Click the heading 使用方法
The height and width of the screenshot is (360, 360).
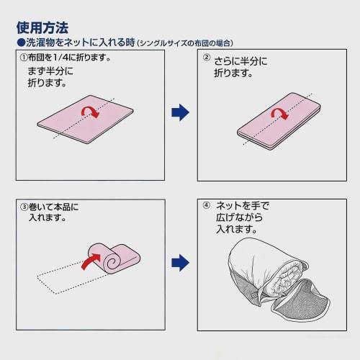click(x=42, y=27)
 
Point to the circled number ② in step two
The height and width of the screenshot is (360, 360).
click(x=206, y=58)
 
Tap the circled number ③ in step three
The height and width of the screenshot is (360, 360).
click(x=24, y=207)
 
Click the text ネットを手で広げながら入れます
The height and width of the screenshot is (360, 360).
click(x=239, y=217)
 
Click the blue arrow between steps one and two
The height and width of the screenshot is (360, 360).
click(x=179, y=112)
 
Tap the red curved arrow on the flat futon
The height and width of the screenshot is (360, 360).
click(x=89, y=112)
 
